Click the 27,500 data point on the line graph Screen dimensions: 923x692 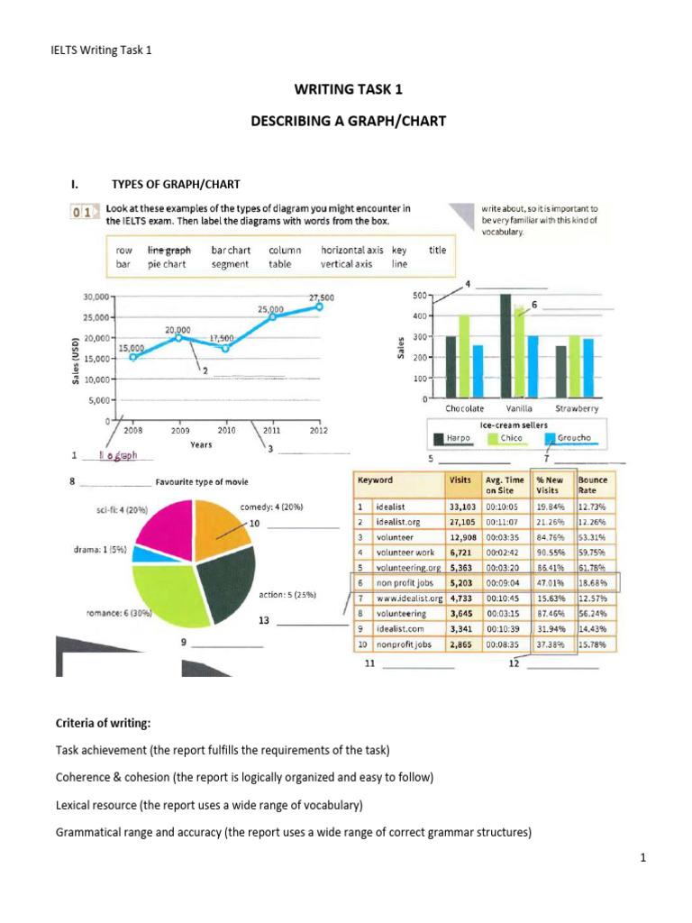318,306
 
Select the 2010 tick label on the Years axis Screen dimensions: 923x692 225,431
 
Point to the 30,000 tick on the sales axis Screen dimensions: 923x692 96,296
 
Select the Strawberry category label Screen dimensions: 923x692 576,409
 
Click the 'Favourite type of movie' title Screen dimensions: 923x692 202,482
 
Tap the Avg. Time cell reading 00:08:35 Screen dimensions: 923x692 504,645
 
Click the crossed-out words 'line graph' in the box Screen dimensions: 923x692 169,250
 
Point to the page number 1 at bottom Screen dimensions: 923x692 643,859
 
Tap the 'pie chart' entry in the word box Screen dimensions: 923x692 168,265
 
